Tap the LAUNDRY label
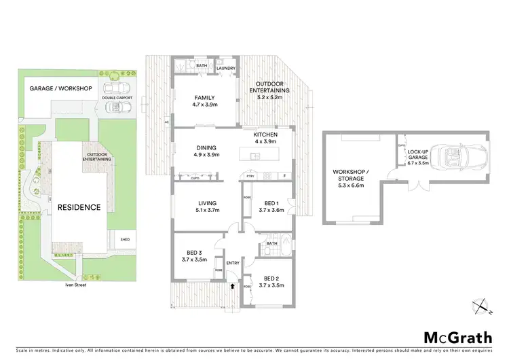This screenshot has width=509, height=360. pos(225,69)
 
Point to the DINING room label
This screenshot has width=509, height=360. pos(206,150)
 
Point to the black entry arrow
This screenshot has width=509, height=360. pos(234,286)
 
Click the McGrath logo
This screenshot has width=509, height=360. pos(459,338)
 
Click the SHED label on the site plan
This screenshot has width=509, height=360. pos(124,240)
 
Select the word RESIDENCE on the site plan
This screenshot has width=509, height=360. pos(79,207)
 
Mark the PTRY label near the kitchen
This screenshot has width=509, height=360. pos(250,177)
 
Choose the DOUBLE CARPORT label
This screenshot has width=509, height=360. pos(117,98)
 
